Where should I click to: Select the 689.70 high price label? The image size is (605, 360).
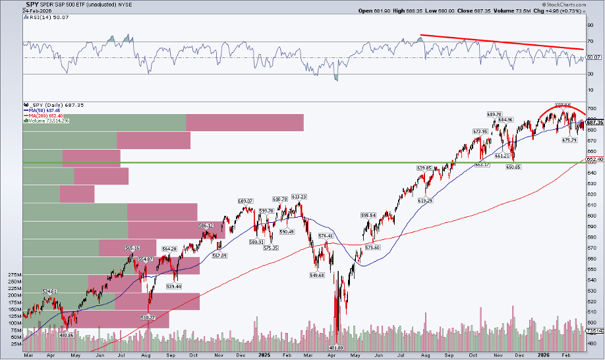pos(495,114)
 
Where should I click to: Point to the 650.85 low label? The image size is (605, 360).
pos(513,167)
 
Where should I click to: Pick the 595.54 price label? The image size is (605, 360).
pos(368,215)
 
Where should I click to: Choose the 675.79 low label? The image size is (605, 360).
pos(569,139)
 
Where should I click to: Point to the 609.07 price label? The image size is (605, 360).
pos(245,200)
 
